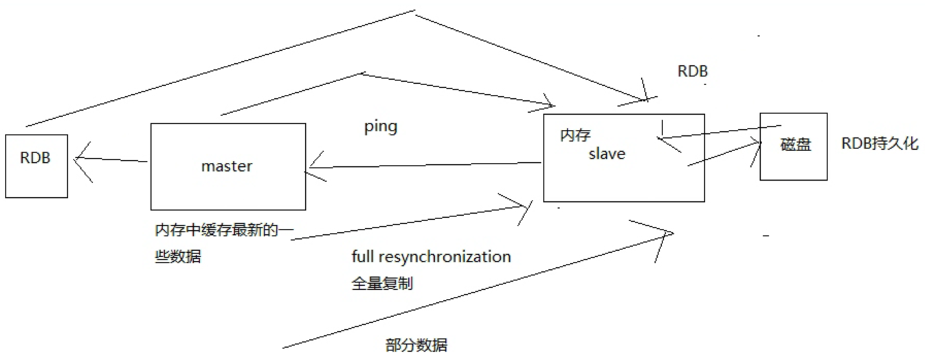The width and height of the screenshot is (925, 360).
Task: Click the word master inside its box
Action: pyautogui.click(x=227, y=166)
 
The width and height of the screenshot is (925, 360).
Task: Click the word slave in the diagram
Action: pyautogui.click(x=607, y=154)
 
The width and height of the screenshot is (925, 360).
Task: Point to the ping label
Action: pyautogui.click(x=381, y=128)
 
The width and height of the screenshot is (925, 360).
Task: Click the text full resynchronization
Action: pyautogui.click(x=431, y=258)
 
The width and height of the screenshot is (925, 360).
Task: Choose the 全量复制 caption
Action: pyautogui.click(x=381, y=282)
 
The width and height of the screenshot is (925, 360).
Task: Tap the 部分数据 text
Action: pyautogui.click(x=416, y=345)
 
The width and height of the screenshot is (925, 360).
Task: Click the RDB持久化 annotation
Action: pyautogui.click(x=880, y=144)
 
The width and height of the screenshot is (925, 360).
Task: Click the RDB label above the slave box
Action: pyautogui.click(x=692, y=71)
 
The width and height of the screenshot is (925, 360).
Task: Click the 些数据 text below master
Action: pyautogui.click(x=178, y=258)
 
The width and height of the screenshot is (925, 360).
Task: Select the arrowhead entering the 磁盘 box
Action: pyautogui.click(x=758, y=143)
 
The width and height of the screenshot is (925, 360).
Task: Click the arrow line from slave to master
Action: pyautogui.click(x=426, y=164)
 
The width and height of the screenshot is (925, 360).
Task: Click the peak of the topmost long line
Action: pyautogui.click(x=415, y=11)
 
